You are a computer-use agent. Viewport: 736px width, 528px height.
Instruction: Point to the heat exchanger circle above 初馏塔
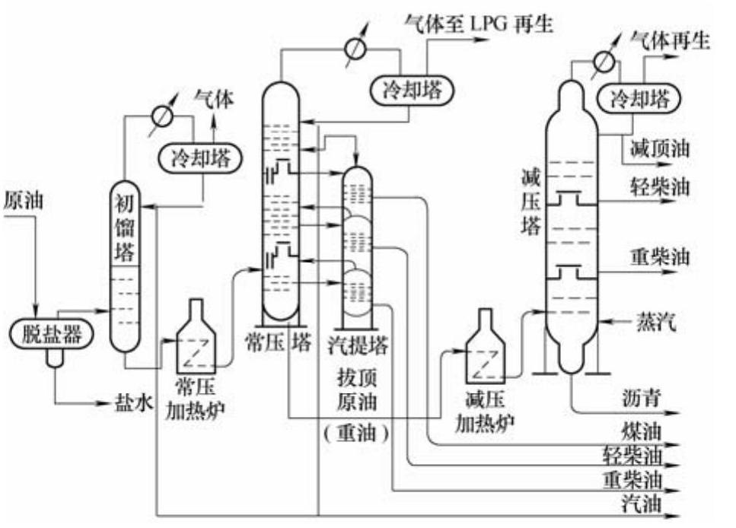coord(161,116)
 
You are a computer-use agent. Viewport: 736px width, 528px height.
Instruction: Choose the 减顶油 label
coord(660,149)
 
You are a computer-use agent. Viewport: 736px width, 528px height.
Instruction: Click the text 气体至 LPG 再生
coord(479,23)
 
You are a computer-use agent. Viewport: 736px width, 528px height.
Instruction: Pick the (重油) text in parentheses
coord(355,433)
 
